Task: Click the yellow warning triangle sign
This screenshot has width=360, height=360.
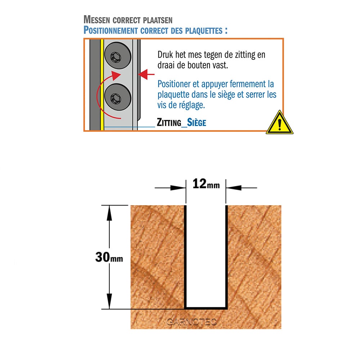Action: (279, 123)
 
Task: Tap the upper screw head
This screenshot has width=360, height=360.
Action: (118, 55)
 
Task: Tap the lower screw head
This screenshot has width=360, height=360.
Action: (118, 97)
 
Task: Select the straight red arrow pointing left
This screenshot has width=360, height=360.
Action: (146, 75)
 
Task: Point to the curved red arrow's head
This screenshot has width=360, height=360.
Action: (116, 76)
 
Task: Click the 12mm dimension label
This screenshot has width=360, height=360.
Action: (206, 184)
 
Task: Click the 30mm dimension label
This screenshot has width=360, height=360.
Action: (109, 257)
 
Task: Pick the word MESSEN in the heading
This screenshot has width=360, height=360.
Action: (96, 19)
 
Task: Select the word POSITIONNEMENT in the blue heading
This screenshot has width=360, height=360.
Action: (111, 30)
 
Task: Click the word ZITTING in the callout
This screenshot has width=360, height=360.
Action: (169, 122)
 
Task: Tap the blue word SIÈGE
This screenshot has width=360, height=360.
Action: (197, 122)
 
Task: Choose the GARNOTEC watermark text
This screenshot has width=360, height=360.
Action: (192, 322)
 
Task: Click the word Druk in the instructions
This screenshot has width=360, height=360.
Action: (165, 55)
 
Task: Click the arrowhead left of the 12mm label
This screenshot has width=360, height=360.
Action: (178, 188)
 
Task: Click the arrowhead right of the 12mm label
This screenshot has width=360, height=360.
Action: (234, 188)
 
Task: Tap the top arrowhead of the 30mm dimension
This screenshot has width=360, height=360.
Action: (109, 213)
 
